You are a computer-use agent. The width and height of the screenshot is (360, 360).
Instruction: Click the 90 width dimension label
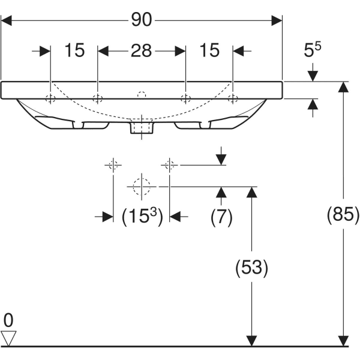[141, 20]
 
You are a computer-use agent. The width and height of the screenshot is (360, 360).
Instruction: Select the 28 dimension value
[141, 51]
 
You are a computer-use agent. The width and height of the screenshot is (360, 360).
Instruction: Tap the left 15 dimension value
[74, 51]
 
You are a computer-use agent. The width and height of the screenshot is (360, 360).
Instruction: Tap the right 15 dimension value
[209, 51]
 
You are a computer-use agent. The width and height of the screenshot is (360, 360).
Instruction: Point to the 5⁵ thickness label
[313, 51]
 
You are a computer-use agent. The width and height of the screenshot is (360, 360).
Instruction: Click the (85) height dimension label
[343, 214]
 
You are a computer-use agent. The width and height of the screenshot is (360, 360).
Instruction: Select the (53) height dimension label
[251, 267]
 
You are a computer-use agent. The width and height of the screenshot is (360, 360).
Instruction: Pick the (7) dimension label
[221, 217]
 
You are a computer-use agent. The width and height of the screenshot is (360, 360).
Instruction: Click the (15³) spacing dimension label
[142, 217]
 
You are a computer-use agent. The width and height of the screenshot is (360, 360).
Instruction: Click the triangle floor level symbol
[8, 337]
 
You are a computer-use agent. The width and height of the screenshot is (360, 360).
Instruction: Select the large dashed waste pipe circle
[141, 187]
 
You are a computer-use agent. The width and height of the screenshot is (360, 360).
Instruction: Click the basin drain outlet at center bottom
[142, 128]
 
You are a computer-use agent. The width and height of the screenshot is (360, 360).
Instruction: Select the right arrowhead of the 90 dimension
[277, 20]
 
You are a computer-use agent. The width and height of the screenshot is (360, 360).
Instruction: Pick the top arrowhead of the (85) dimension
[343, 87]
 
